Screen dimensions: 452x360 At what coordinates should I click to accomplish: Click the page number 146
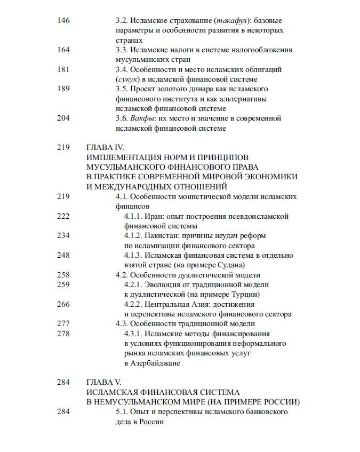pyautogui.click(x=63, y=21)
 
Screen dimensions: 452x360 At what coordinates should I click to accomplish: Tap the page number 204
pyautogui.click(x=63, y=118)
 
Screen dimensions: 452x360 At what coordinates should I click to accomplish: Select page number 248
pyautogui.click(x=63, y=255)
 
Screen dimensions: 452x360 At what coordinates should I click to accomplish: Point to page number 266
pyautogui.click(x=63, y=304)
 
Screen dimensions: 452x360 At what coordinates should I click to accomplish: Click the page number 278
pyautogui.click(x=63, y=333)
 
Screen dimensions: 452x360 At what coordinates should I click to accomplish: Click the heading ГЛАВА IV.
pyautogui.click(x=105, y=147)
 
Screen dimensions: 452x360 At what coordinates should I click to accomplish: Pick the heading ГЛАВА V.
pyautogui.click(x=103, y=382)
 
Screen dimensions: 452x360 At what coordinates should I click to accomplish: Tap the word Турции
pyautogui.click(x=243, y=294)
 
